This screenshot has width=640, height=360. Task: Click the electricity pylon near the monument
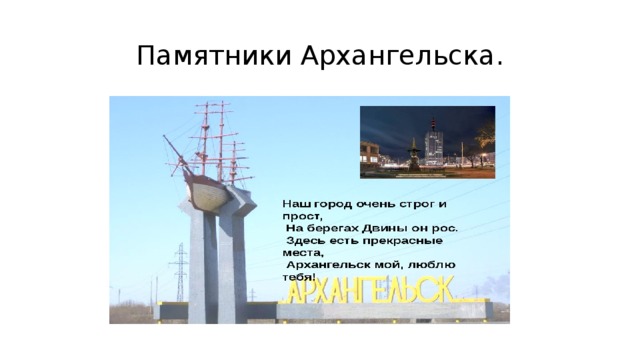pyautogui.click(x=180, y=272)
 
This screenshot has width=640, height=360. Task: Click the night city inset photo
pyautogui.click(x=427, y=141)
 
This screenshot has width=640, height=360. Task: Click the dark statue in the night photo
pyautogui.click(x=413, y=155)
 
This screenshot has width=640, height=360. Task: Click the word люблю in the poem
pyautogui.click(x=426, y=265)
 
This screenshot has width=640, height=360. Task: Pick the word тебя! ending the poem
pyautogui.click(x=298, y=277)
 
